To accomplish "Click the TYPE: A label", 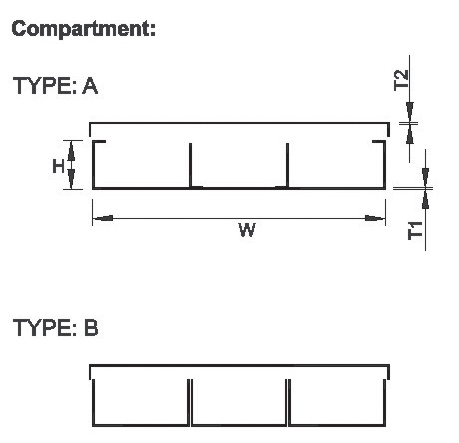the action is pyautogui.click(x=55, y=86).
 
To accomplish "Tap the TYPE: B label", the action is pyautogui.click(x=56, y=328).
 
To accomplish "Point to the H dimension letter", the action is pyautogui.click(x=58, y=166).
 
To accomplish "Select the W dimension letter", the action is pyautogui.click(x=247, y=230).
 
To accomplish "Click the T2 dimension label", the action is pyautogui.click(x=401, y=80).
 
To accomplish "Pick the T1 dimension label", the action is pyautogui.click(x=415, y=230).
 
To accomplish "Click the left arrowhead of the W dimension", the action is pyautogui.click(x=103, y=219).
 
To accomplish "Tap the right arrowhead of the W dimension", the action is pyautogui.click(x=375, y=219).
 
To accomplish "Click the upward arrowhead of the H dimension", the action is pyautogui.click(x=71, y=151).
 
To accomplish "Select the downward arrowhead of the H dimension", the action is pyautogui.click(x=71, y=179).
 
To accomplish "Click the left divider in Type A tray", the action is pyautogui.click(x=190, y=166).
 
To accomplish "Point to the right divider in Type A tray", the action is pyautogui.click(x=287, y=166).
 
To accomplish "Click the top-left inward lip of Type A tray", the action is pyautogui.click(x=99, y=142).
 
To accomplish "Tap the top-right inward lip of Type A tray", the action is pyautogui.click(x=379, y=142).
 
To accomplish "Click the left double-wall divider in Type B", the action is pyautogui.click(x=190, y=402).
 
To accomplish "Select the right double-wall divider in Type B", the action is pyautogui.click(x=288, y=402).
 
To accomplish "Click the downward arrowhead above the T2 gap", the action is pyautogui.click(x=410, y=112).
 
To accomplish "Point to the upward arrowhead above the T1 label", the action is pyautogui.click(x=426, y=199).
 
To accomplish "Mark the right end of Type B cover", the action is pyautogui.click(x=389, y=372).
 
